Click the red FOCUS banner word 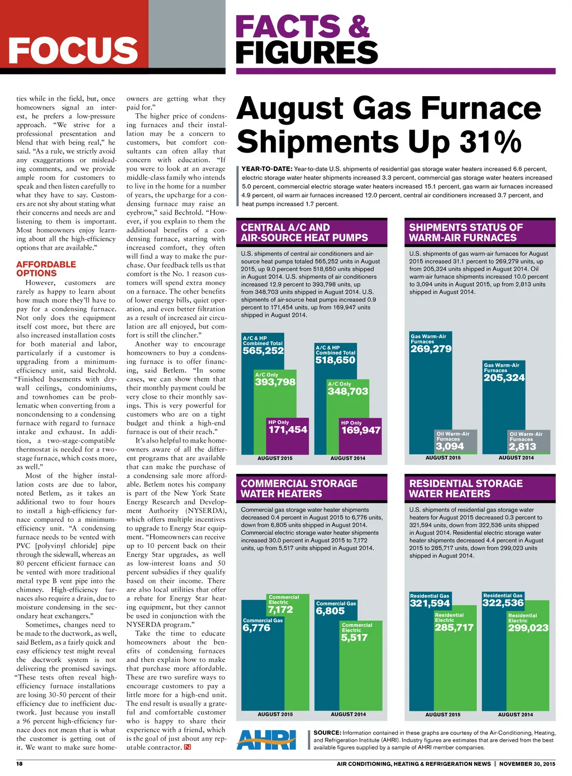pos(73,51)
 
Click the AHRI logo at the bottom pos(266,740)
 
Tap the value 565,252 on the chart pos(263,351)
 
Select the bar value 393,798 pos(275,382)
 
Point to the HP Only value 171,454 pos(288,430)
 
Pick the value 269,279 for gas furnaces pos(431,349)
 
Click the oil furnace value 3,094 pos(450,446)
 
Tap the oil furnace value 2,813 pos(522,447)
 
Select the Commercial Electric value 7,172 pos(280,610)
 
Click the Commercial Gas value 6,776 pos(256,628)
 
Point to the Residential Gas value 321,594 pos(430,603)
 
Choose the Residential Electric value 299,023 pos(528,628)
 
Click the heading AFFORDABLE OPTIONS pos(46,269)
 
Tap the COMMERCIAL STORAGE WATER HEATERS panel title pos(299,489)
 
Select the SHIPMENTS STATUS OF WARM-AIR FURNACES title pos(466,232)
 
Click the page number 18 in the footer pos(20,764)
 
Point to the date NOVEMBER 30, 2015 pos(527,764)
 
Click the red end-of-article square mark pos(188,748)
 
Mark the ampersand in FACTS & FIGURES pos(359,27)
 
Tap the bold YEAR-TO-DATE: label pos(266,169)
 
